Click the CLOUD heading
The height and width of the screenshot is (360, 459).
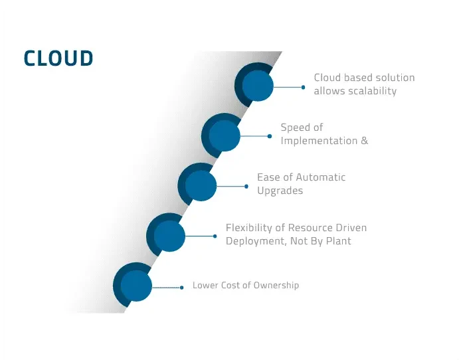coord(58,58)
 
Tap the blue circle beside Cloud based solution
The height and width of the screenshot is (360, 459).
coord(258,86)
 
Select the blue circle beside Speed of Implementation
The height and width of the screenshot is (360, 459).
coord(224,136)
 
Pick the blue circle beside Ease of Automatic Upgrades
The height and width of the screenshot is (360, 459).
coord(201,186)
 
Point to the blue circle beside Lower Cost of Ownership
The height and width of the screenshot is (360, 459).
coord(136,286)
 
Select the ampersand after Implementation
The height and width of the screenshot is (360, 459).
coord(364,141)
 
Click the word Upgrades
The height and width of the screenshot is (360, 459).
coord(280,191)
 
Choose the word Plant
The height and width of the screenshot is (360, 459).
coord(337,241)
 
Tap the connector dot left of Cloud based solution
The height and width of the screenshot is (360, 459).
coord(303,86)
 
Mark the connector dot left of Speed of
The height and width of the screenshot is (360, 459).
coord(270,136)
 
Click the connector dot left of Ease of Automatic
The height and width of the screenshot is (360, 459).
coord(246,187)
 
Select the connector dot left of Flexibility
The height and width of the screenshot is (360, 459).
coord(215,236)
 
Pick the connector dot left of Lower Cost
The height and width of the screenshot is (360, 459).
coord(182,288)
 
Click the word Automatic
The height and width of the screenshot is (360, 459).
coord(321,177)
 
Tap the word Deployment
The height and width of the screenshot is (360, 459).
coord(255,241)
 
